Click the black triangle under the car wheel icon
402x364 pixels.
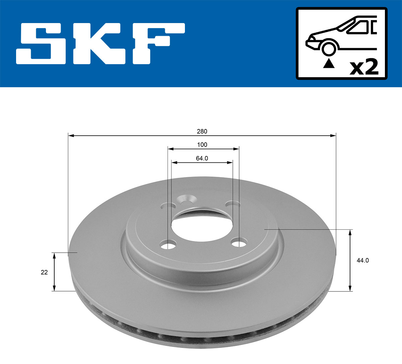tap(329, 63)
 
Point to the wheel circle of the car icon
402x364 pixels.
tap(329, 48)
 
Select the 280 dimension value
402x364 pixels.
tap(202, 131)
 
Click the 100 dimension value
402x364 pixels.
tap(202, 145)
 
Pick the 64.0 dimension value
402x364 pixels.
tap(202, 158)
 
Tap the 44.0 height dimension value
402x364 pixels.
tap(362, 260)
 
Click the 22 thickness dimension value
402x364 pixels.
tap(44, 272)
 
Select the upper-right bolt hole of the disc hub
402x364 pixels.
tap(232, 204)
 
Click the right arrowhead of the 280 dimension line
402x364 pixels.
tap(333, 135)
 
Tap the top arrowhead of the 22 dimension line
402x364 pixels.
tap(54, 255)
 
